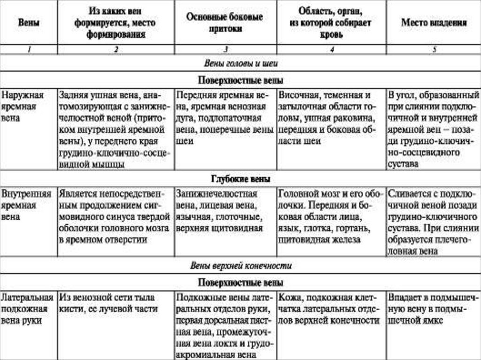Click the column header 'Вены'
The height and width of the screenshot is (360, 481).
tap(29, 23)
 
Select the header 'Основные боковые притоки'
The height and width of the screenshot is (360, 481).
tap(225, 23)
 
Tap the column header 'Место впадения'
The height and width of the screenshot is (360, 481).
tap(434, 23)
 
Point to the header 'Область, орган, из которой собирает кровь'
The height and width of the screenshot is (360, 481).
tap(332, 23)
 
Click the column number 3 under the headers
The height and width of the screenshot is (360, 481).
tap(225, 50)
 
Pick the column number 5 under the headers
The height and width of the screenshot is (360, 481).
tap(434, 50)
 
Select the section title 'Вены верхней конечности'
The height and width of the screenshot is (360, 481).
tap(241, 266)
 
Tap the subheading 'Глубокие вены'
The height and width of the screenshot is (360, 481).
tap(240, 179)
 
